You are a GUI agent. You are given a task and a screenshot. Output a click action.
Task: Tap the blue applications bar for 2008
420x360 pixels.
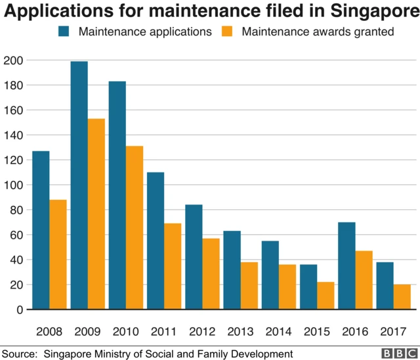[x=41, y=230]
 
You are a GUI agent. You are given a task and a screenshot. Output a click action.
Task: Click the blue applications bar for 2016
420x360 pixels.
[x=346, y=266]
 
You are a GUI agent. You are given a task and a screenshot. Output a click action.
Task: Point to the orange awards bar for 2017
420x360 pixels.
[x=402, y=296]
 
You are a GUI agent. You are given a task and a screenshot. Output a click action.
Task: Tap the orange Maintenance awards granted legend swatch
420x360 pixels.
[x=229, y=31]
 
